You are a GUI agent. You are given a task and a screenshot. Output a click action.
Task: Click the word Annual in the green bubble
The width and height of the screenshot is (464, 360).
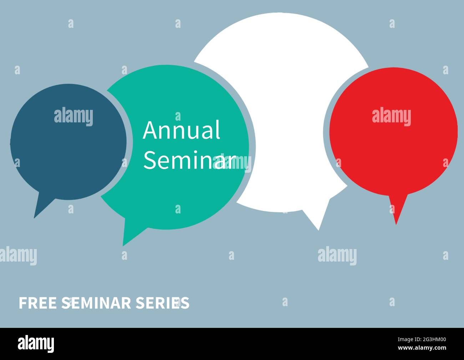click(181, 130)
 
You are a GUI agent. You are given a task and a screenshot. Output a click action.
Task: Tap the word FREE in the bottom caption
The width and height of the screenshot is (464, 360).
click(38, 303)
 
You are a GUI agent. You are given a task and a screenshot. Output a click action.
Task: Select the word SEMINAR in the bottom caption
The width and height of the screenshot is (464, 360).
click(96, 303)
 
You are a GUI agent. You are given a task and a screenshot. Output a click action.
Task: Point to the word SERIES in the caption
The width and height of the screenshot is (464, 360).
click(163, 303)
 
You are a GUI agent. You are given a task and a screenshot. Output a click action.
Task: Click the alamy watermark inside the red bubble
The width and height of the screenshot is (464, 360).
click(392, 117)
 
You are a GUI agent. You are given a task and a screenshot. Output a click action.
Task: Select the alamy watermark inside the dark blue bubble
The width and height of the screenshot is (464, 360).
click(74, 117)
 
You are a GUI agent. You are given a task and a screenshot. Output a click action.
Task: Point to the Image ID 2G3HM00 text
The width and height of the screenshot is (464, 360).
click(422, 339)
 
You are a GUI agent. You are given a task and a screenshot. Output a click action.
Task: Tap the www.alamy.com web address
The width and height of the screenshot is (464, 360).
click(422, 348)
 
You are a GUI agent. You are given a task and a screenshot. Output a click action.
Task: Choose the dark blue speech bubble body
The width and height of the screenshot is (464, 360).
click(68, 142)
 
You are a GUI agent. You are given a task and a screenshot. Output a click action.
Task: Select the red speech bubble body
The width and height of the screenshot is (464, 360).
click(394, 131)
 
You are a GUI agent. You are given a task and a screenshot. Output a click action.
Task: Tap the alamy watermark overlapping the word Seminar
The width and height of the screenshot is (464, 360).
click(232, 163)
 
